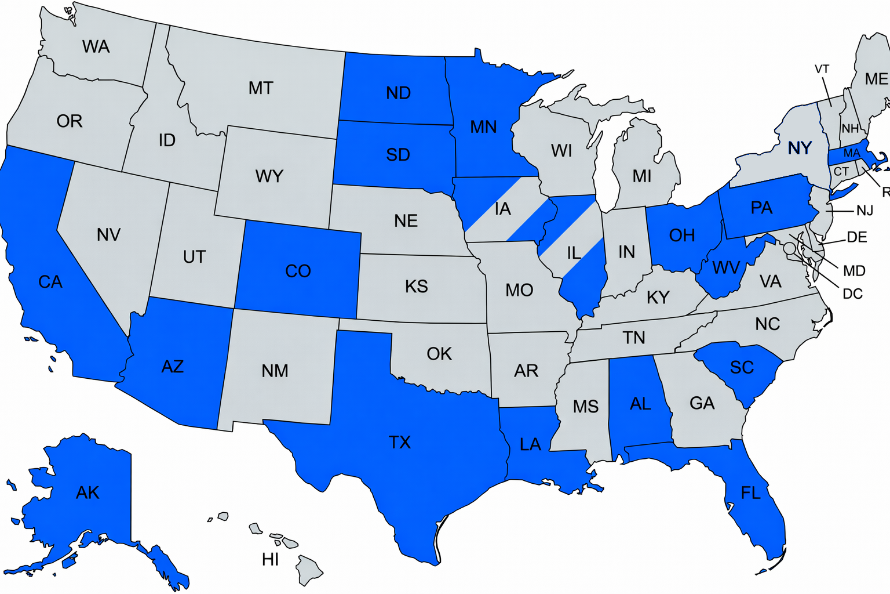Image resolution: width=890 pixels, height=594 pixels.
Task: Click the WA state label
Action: (x=96, y=46)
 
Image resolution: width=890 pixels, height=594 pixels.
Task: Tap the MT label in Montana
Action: (x=261, y=88)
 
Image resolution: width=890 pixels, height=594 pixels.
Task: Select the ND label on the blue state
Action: (x=398, y=93)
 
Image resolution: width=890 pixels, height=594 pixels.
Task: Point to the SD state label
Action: (x=398, y=155)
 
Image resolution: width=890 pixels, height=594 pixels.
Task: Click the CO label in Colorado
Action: (x=298, y=271)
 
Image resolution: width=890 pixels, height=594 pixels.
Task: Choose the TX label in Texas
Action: (x=400, y=443)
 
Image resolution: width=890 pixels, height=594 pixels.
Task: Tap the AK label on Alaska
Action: (x=87, y=492)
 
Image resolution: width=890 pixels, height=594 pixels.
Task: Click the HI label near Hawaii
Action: (x=270, y=560)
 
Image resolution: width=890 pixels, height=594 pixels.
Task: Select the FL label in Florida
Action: (x=750, y=493)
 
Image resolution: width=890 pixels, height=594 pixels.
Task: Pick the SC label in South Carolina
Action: (x=742, y=367)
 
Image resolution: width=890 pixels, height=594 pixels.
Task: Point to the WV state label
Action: (x=726, y=267)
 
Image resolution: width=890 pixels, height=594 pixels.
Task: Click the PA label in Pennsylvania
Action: (x=761, y=208)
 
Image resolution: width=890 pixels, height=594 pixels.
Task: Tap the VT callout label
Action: (x=822, y=70)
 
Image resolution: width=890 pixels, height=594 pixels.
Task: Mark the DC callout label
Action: (x=852, y=294)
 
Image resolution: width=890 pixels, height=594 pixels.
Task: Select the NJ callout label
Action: (x=865, y=211)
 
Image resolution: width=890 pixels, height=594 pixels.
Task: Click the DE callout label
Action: (x=857, y=237)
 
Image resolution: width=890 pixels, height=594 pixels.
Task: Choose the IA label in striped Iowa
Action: (x=503, y=209)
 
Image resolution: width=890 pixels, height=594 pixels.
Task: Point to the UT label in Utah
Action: (x=194, y=256)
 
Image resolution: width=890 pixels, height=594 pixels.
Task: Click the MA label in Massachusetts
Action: (x=851, y=153)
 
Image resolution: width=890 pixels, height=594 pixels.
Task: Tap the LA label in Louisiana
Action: (x=530, y=444)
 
